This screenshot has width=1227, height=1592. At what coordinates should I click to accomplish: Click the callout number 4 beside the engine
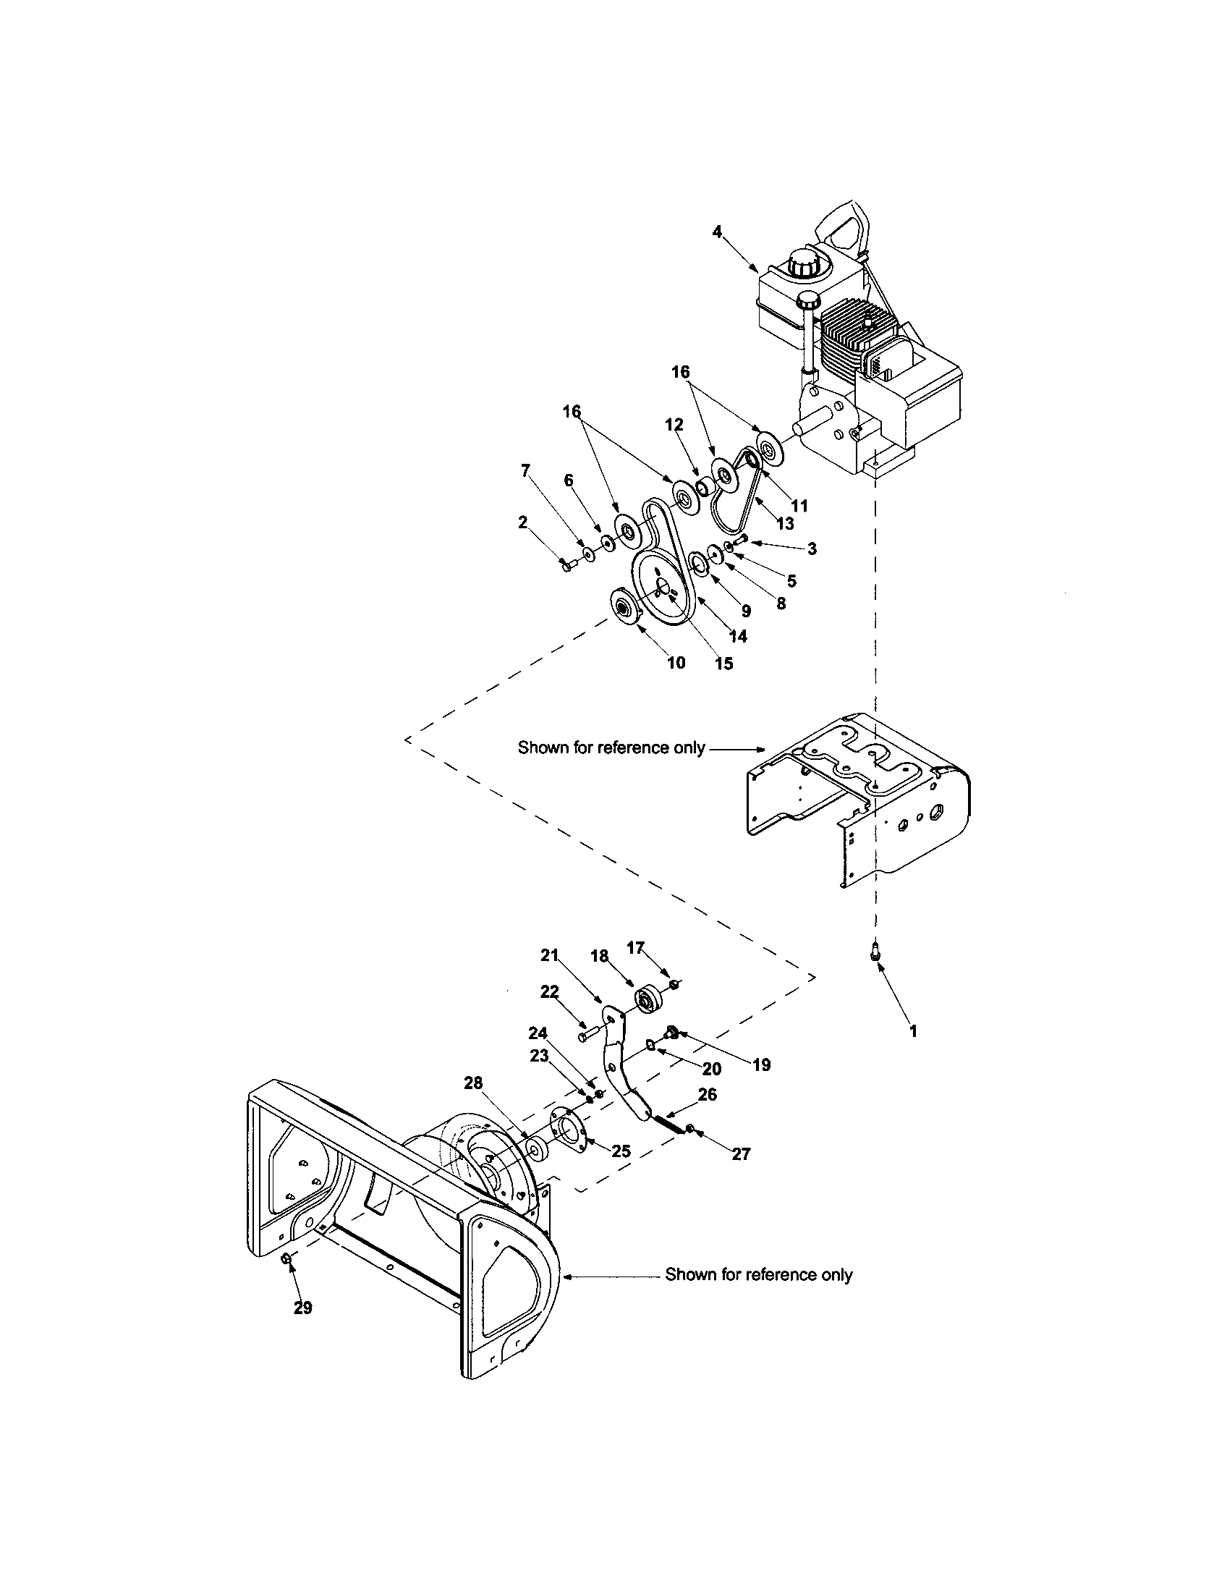pos(717,232)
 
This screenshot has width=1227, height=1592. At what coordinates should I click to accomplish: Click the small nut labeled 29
pos(286,1259)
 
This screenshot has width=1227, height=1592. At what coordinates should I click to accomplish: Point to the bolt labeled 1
pos(875,952)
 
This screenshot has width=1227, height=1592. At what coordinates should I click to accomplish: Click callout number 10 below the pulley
pos(676,663)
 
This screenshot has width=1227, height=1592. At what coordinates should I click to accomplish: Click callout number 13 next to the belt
pos(785,522)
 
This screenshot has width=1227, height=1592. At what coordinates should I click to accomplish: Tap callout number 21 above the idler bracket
pos(549,955)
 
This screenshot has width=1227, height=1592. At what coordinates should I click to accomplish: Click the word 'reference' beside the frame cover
pos(627,748)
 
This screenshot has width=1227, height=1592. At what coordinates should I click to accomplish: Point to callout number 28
pos(473,1083)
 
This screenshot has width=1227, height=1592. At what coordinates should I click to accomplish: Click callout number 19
pos(760,1065)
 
